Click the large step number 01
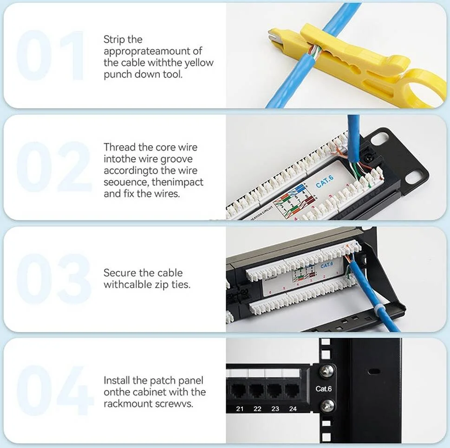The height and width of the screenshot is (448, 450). click(x=50, y=56)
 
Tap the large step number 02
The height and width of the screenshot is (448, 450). click(x=53, y=167)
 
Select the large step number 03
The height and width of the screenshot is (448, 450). click(x=53, y=279)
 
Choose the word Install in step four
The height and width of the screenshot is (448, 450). click(x=117, y=381)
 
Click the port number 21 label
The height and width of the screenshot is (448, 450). click(x=240, y=409)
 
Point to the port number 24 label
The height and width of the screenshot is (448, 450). click(x=293, y=409)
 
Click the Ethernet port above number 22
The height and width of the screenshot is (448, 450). click(x=256, y=390)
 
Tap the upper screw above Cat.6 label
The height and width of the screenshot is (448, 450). click(x=327, y=371)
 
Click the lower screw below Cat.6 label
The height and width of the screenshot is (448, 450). click(x=327, y=405)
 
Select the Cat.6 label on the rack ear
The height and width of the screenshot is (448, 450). click(x=324, y=389)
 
